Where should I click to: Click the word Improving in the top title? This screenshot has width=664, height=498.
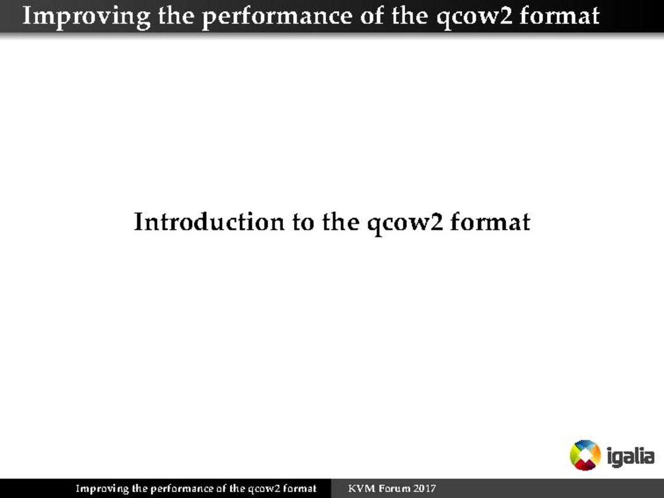86,17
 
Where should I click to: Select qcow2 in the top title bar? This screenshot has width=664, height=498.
474,18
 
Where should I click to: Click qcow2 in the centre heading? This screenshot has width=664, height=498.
405,223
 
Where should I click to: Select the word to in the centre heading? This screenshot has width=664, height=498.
303,223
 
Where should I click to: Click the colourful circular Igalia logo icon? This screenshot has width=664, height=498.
585,455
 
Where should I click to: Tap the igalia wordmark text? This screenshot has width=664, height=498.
631,456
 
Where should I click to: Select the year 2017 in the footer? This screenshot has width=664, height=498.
424,489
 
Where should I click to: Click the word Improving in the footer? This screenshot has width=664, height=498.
102,489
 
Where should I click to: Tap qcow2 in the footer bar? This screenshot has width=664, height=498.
264,490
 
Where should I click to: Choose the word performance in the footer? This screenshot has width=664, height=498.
181,489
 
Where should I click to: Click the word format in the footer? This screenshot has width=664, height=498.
300,489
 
